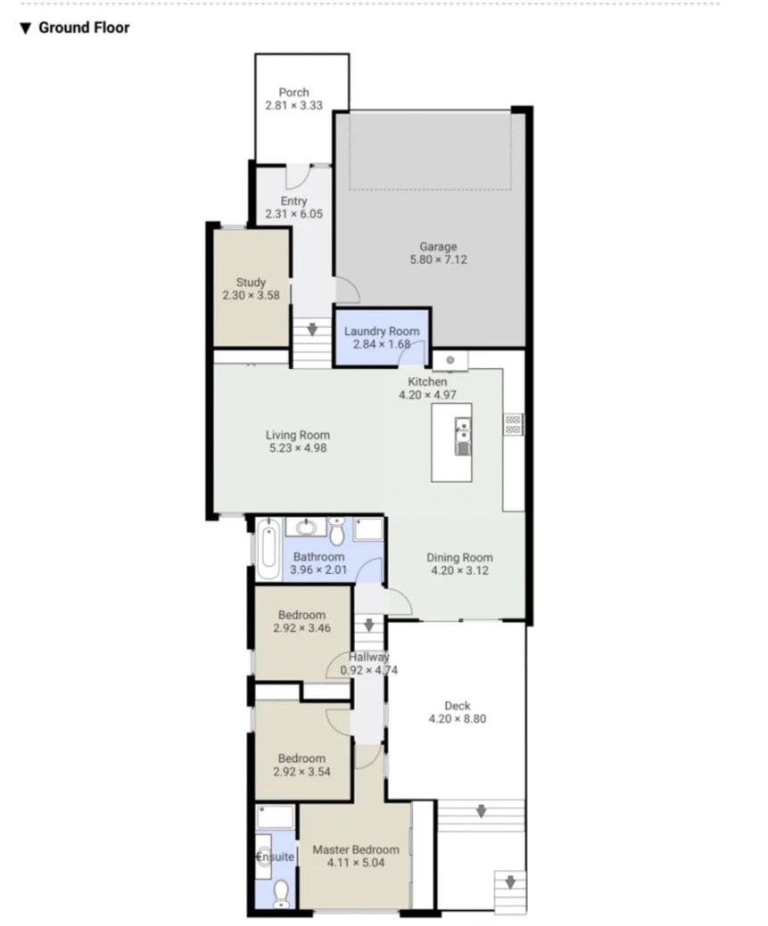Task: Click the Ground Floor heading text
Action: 84,28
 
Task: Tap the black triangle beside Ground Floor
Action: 26,29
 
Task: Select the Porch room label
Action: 293,93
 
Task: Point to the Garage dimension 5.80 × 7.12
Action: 438,260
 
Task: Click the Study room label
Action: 251,283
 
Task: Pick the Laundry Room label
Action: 382,332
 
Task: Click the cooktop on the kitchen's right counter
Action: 514,424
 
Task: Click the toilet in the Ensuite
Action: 280,892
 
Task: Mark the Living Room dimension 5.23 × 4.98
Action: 298,448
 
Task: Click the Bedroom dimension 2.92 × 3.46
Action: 301,628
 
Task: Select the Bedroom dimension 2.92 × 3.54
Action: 301,772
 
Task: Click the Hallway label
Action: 368,658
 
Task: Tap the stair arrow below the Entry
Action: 312,330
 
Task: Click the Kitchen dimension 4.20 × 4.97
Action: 427,395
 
